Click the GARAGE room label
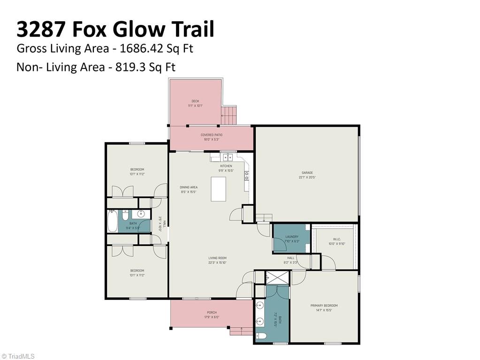click(307, 173)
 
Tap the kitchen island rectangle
click(218, 189)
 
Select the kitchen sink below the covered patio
click(228, 157)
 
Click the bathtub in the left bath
click(113, 222)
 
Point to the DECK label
click(195, 101)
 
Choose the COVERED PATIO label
click(211, 135)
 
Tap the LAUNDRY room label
click(291, 237)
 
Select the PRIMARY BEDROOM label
click(324, 306)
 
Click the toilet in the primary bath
click(261, 336)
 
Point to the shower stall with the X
click(277, 278)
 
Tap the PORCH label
click(212, 313)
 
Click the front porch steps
click(240, 331)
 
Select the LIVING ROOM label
click(217, 258)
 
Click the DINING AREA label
click(188, 187)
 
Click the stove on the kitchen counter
click(246, 176)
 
